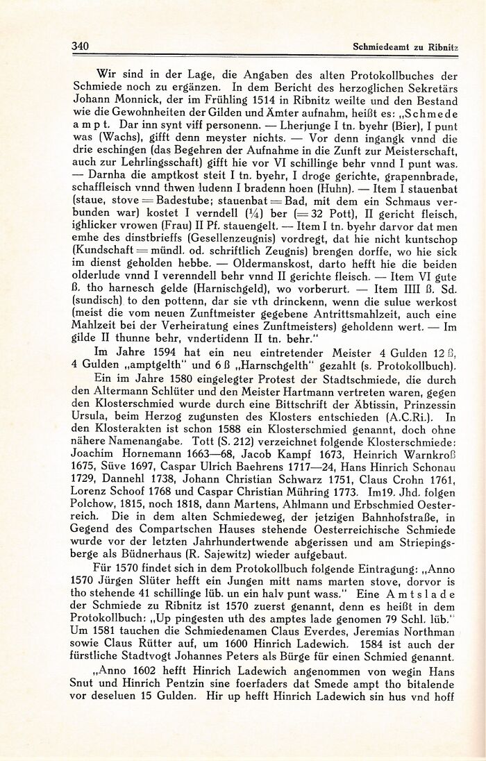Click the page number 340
coord(82,47)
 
